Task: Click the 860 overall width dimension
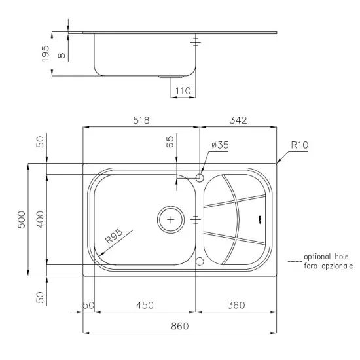click(x=179, y=325)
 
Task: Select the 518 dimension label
click(x=141, y=120)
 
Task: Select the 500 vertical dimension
click(x=21, y=219)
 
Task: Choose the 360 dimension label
click(x=236, y=306)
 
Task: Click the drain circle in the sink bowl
click(x=171, y=220)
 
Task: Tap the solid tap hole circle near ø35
click(x=200, y=177)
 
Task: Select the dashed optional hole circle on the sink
click(x=200, y=262)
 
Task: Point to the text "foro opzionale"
click(x=328, y=267)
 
